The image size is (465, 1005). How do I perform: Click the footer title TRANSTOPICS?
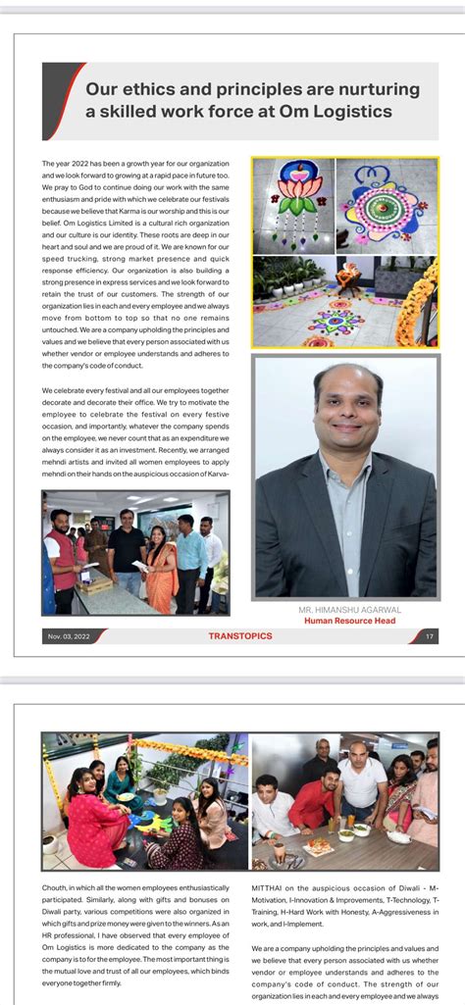(x=240, y=636)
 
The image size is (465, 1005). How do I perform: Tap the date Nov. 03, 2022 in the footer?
(x=68, y=637)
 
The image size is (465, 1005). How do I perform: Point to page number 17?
(x=430, y=636)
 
